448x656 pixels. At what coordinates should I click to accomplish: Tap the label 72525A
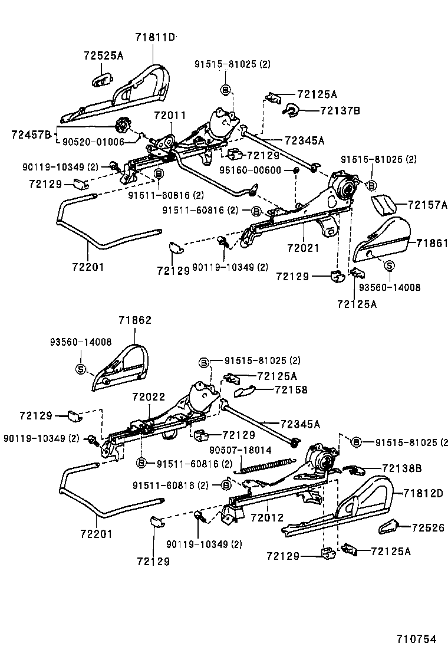click(x=103, y=56)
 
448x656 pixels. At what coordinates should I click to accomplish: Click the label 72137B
click(x=340, y=110)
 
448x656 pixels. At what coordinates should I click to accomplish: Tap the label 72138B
click(x=401, y=468)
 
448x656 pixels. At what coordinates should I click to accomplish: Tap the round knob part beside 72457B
click(x=123, y=125)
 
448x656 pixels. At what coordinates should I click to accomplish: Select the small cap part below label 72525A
click(x=103, y=80)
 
